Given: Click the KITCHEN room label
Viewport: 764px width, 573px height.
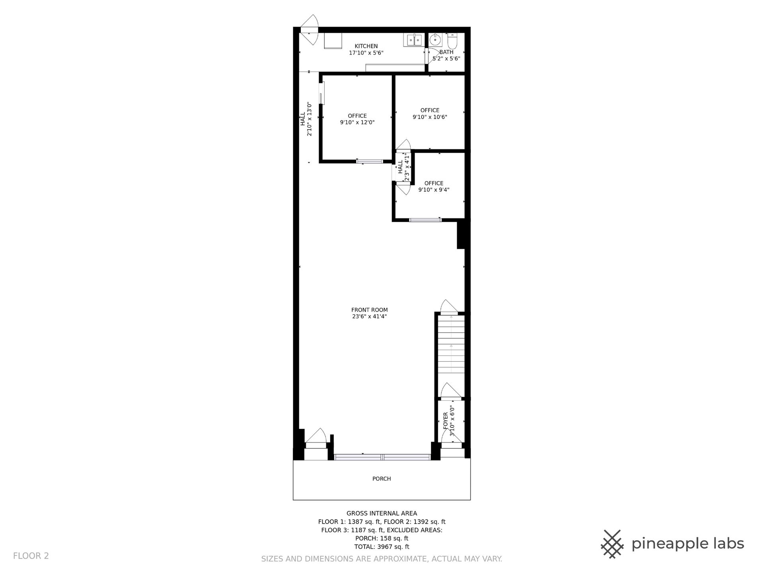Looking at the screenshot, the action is [366, 46].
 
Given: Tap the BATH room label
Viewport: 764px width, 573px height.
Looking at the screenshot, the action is [446, 52].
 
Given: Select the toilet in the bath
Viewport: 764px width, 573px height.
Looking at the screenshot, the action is [453, 40].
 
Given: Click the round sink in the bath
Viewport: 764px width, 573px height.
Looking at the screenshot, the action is [435, 40].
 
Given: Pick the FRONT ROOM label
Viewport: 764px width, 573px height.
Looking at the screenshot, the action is [369, 310].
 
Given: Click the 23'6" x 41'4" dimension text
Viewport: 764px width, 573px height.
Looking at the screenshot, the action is [369, 317].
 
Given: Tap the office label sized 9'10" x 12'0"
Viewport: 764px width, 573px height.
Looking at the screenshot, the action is [357, 116].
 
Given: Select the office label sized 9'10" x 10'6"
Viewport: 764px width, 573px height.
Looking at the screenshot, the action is [430, 110].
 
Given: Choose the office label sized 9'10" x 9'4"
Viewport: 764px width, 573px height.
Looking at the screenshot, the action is [434, 183].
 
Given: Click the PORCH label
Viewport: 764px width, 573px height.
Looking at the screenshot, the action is [382, 479].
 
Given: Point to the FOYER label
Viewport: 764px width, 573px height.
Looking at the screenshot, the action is [446, 421].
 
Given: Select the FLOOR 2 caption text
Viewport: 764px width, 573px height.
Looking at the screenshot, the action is [31, 556].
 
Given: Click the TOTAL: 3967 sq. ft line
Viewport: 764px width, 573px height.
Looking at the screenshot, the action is [382, 547].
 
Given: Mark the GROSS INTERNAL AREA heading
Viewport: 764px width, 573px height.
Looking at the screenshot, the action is [382, 513].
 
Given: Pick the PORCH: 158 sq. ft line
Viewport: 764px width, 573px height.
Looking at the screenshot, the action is [382, 538].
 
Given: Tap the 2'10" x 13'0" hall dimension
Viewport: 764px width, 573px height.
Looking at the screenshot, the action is [309, 119].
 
